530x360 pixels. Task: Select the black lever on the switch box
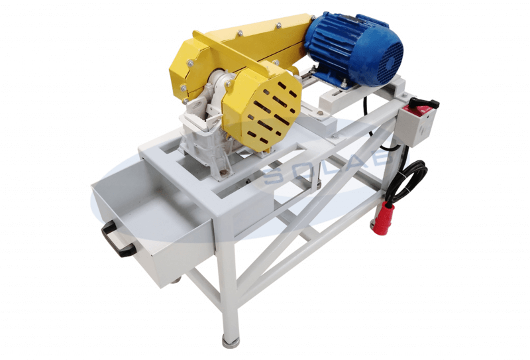point(425,102)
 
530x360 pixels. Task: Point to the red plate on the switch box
point(418,111)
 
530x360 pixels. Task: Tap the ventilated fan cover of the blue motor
point(390,62)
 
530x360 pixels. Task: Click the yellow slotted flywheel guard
point(262,111)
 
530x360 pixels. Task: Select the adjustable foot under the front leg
point(229,341)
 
